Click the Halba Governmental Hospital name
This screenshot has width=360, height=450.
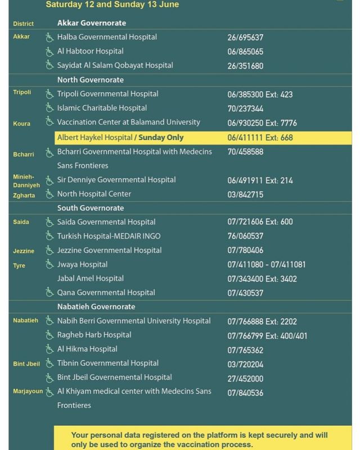107,37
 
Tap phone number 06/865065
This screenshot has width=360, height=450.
245,52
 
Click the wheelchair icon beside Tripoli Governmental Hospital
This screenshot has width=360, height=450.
50,94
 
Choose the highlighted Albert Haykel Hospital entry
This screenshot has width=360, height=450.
120,137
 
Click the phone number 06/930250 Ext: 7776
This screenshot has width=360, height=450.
262,123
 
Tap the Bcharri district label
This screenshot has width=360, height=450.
24,154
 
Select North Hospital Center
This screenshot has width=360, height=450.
94,194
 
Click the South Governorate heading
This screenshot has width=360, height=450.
91,208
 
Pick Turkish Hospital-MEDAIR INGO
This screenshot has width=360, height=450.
109,236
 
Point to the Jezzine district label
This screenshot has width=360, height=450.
24,251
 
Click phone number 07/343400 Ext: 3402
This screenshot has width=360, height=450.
262,279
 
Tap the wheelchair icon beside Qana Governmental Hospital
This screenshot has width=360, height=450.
50,292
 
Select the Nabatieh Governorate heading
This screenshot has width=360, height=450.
96,307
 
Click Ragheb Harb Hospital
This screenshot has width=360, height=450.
94,335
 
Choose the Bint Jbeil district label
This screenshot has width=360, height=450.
26,364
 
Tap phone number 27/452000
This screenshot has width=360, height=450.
245,378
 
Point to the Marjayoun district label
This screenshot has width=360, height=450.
28,391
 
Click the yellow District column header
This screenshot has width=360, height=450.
23,24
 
